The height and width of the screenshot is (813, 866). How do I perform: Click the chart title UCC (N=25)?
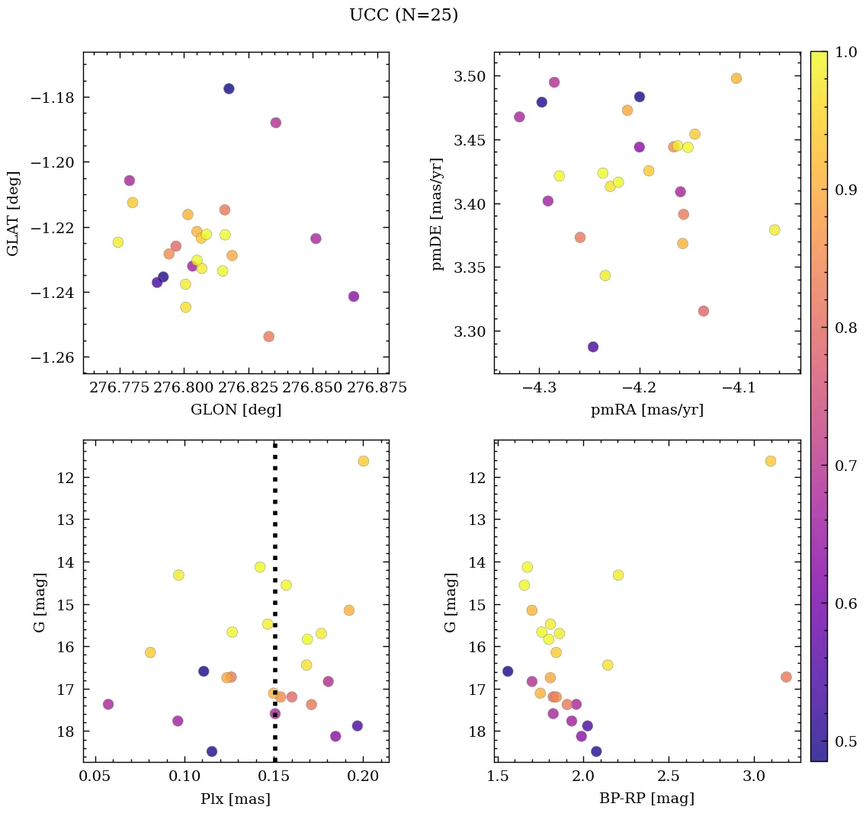point(403,15)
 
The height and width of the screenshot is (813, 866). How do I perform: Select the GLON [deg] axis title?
point(236,410)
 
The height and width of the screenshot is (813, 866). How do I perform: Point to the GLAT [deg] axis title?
point(13,213)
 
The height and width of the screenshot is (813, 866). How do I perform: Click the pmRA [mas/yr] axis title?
point(646,410)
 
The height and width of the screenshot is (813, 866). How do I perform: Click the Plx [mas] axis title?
point(236,799)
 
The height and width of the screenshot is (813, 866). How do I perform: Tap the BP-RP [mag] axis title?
point(646,799)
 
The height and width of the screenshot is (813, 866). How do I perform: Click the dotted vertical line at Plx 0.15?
point(274,533)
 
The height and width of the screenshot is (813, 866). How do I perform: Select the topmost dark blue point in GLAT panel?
point(229,88)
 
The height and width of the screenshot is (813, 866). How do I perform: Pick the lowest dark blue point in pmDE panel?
point(593,347)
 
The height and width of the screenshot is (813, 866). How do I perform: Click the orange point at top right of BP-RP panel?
point(771,461)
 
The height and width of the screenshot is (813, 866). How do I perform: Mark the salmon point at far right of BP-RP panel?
point(787,677)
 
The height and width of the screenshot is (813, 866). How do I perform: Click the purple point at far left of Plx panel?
point(108,704)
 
